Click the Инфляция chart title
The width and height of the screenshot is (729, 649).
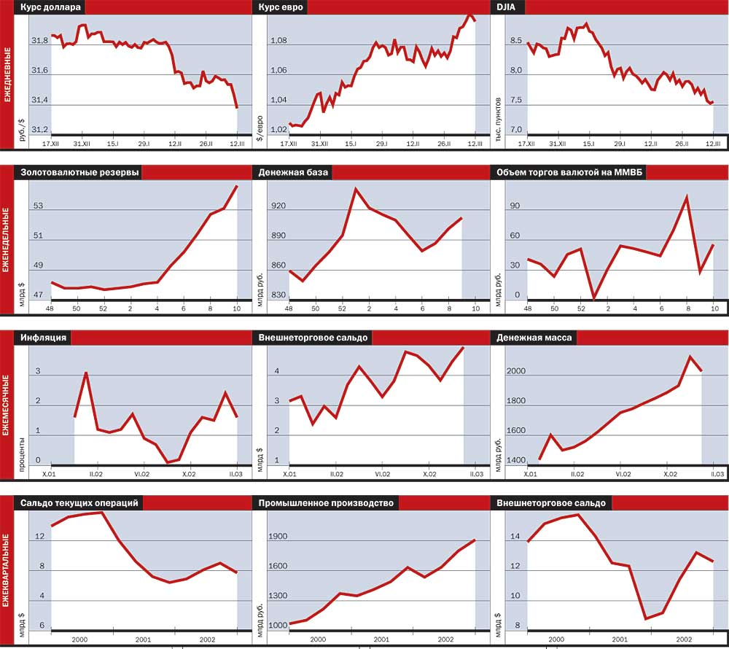(x=44, y=338)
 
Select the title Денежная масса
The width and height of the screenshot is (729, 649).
(x=534, y=338)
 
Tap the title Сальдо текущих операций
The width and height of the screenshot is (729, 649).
(x=79, y=503)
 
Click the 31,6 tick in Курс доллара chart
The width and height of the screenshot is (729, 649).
(x=40, y=71)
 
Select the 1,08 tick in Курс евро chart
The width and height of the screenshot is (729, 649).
(x=278, y=41)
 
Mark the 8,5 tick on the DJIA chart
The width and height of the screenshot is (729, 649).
(x=516, y=41)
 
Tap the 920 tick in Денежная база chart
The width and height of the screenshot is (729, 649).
(x=278, y=206)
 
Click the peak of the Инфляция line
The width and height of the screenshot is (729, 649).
(x=87, y=373)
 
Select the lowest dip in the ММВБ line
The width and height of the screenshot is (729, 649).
(x=593, y=298)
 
